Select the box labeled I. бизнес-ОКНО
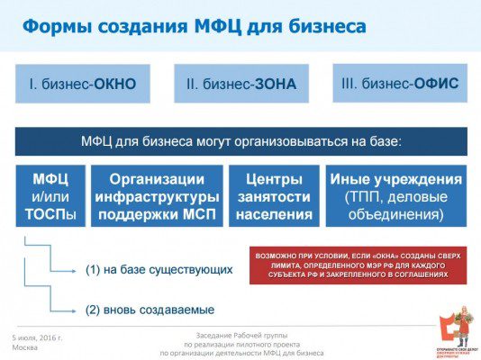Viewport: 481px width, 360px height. (x=82, y=85)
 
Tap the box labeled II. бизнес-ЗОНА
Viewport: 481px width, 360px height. (x=241, y=85)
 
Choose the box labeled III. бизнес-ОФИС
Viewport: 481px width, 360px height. (x=400, y=84)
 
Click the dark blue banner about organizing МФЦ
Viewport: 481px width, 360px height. (x=240, y=141)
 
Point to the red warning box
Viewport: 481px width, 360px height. (x=358, y=264)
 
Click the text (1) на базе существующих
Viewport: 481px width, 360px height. (x=159, y=269)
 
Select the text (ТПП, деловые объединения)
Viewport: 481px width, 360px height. (x=395, y=206)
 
